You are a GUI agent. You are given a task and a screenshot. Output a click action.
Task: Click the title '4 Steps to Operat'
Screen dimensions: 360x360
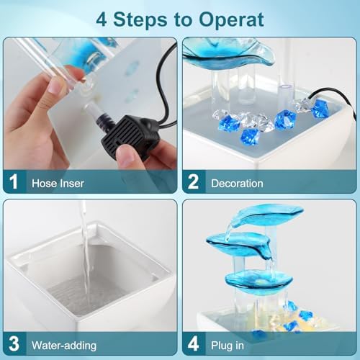[180, 18]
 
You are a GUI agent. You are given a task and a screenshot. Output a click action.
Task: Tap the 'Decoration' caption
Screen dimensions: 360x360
[237, 183]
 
